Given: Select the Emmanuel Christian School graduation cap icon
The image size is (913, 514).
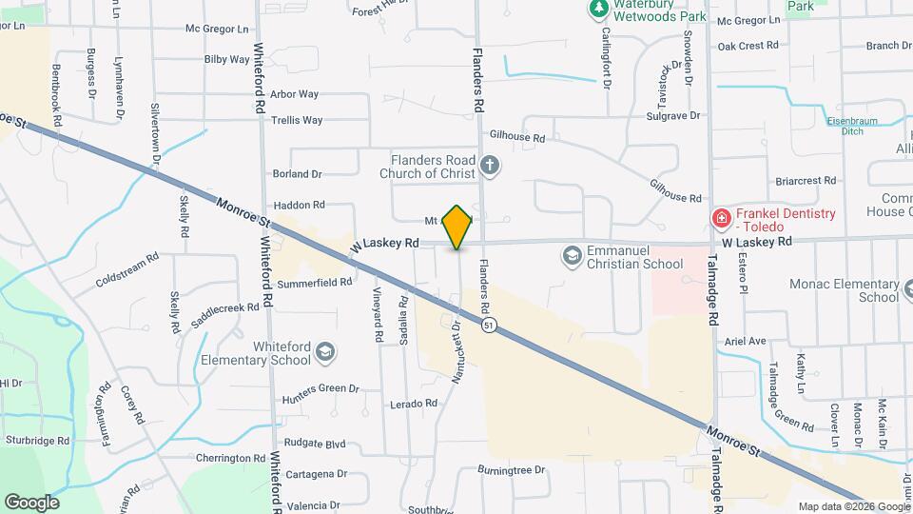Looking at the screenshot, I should [573, 256].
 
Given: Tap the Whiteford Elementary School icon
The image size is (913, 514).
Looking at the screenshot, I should [325, 353].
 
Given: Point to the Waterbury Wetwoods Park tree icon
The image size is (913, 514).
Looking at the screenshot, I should [598, 10].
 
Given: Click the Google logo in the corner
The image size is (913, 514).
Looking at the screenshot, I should [31, 502].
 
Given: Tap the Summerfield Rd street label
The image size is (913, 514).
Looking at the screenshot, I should [314, 283].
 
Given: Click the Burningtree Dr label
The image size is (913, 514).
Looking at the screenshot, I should [511, 470].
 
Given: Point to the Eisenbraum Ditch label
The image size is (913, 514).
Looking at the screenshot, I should [859, 127].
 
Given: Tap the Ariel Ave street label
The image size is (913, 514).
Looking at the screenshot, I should [745, 341].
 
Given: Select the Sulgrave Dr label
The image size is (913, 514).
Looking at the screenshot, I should [672, 115].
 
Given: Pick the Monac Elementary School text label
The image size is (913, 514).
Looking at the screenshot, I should [844, 290].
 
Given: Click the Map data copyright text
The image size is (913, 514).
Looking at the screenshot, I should [852, 506].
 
